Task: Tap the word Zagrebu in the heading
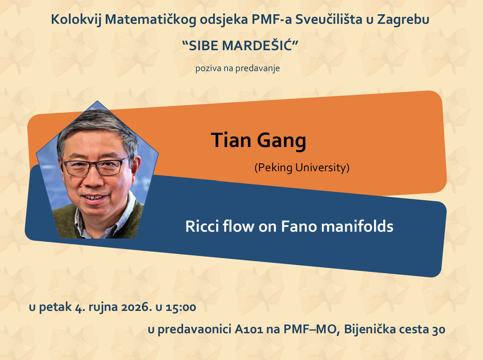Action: point(403,20)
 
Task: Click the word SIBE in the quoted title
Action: point(203,46)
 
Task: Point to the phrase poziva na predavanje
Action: point(238,68)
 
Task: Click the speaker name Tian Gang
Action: point(258,140)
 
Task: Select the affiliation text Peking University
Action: point(302,168)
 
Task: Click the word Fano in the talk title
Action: point(299,227)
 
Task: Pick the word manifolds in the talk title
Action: point(357,226)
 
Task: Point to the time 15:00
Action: point(181,307)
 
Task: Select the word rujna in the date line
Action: point(103,307)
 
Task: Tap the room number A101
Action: point(249,329)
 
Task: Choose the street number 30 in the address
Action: point(439,329)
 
